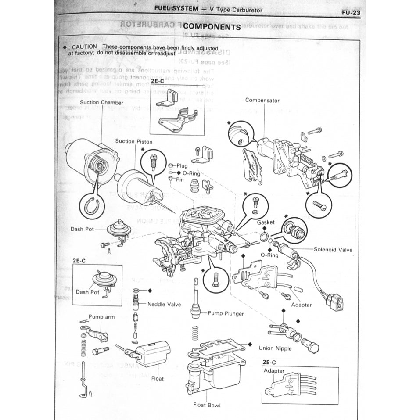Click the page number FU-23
point(351,12)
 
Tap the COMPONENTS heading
point(213,27)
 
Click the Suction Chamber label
point(101,102)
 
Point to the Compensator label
point(262,101)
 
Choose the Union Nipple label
point(275,348)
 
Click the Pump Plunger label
point(226,313)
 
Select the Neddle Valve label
point(165,304)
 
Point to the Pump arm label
point(101,316)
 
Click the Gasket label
point(266,223)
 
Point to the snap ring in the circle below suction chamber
point(93,205)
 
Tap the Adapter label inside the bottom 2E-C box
point(274,371)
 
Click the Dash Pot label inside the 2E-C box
point(88,292)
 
